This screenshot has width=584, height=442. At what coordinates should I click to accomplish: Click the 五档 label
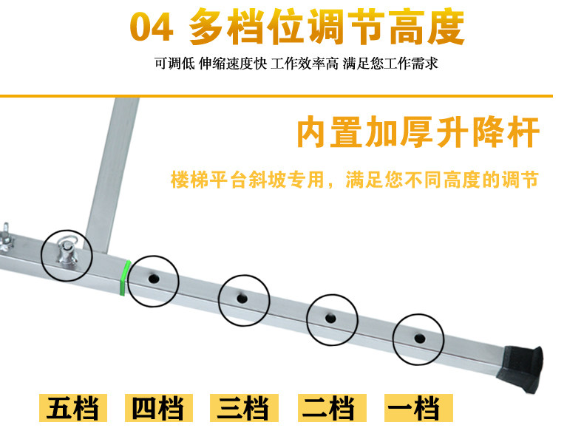[73, 408]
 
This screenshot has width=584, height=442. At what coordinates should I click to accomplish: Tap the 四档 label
[159, 408]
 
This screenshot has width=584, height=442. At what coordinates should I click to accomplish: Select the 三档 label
[244, 408]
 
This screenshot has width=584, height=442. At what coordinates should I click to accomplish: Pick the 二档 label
[332, 408]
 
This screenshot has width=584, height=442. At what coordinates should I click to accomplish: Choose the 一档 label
[418, 408]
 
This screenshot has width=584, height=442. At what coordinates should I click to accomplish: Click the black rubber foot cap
[520, 367]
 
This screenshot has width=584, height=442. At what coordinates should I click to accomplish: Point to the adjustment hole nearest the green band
[154, 278]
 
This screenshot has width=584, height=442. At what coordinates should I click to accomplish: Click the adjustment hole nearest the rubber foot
[420, 339]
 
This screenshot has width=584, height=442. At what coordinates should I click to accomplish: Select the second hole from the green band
[242, 299]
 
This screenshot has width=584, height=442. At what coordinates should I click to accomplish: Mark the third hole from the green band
[330, 319]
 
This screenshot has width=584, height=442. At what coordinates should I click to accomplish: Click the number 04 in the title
[152, 27]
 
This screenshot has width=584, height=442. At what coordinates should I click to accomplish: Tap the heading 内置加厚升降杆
[418, 132]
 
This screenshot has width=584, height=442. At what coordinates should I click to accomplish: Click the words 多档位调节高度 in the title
[327, 27]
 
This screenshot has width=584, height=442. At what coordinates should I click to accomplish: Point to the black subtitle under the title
[296, 64]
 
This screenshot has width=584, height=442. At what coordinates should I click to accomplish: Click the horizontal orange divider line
[276, 96]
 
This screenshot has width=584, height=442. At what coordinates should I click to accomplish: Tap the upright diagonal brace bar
[111, 176]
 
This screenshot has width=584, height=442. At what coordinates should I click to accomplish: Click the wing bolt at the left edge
[7, 237]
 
